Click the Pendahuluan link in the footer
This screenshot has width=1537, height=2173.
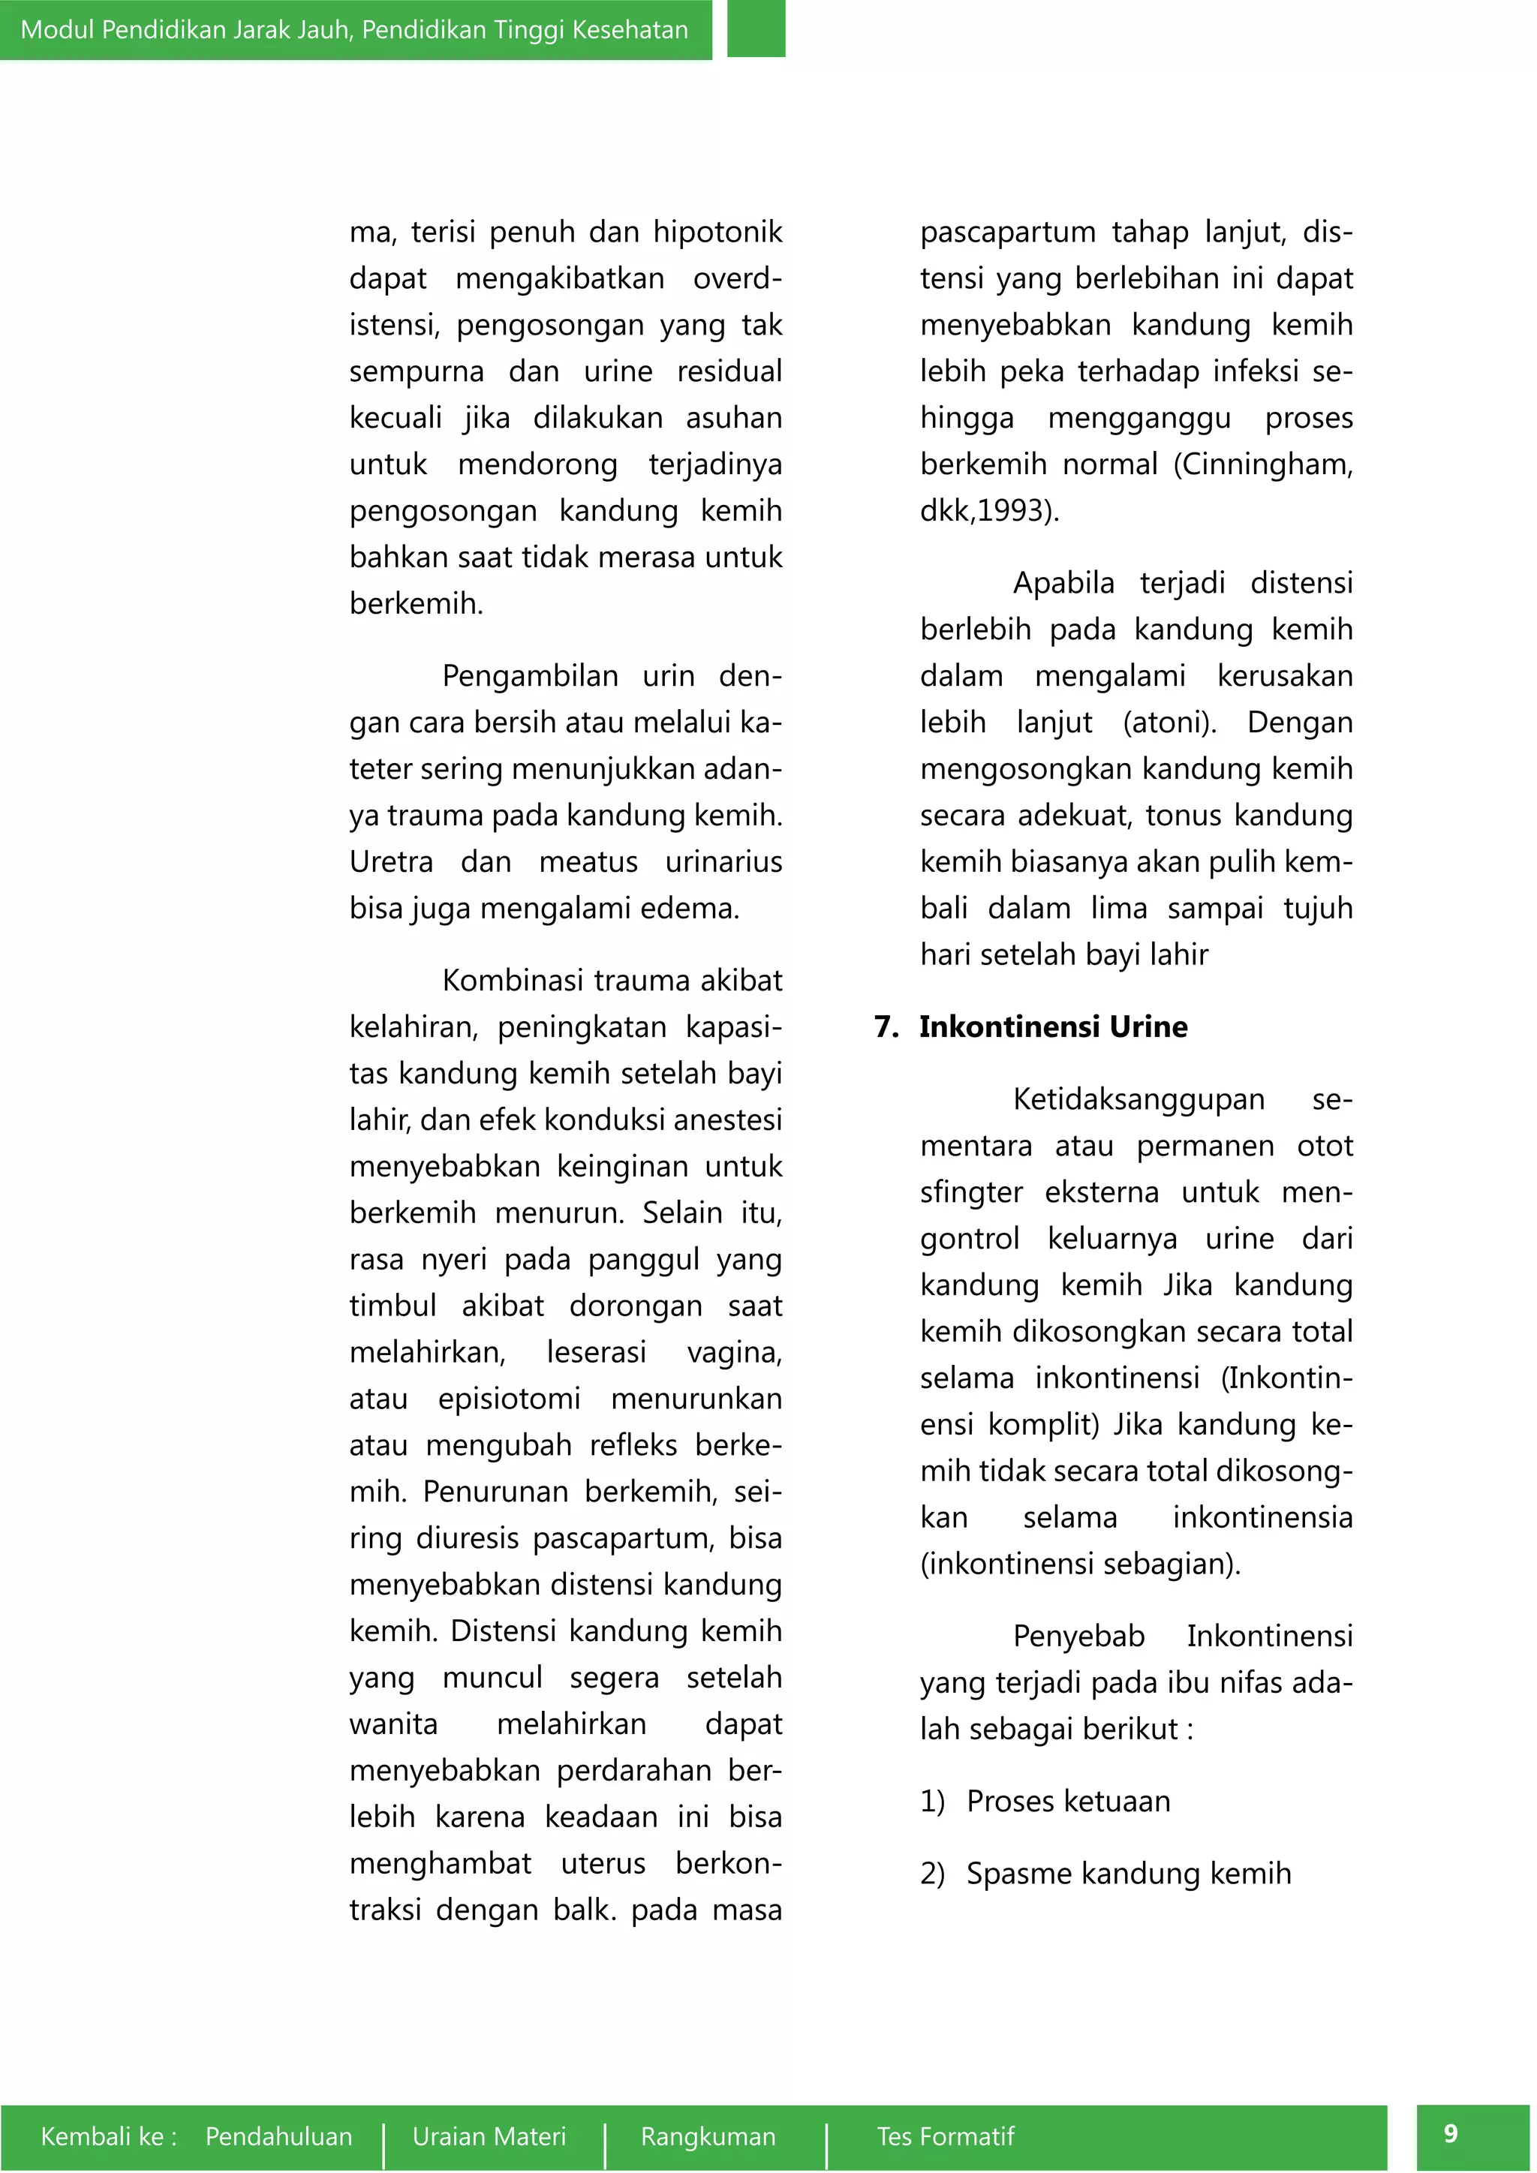[x=278, y=2136]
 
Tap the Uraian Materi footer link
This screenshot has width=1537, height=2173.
[x=489, y=2136]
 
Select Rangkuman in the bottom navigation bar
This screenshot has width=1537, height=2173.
[x=708, y=2136]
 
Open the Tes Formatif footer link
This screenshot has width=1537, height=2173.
[x=945, y=2136]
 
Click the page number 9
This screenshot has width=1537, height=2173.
[x=1450, y=2133]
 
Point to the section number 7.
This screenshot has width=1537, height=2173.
[x=885, y=1027]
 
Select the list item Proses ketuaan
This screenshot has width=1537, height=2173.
[x=1068, y=1801]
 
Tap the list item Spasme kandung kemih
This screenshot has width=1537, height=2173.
[x=1128, y=1874]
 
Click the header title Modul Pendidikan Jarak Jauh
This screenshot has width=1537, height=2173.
[x=354, y=29]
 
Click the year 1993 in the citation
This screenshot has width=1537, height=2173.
[x=1012, y=511]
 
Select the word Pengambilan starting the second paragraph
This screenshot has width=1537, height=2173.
[x=529, y=677]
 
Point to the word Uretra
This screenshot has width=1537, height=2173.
[x=391, y=862]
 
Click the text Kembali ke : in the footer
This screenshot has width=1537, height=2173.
[x=109, y=2136]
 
